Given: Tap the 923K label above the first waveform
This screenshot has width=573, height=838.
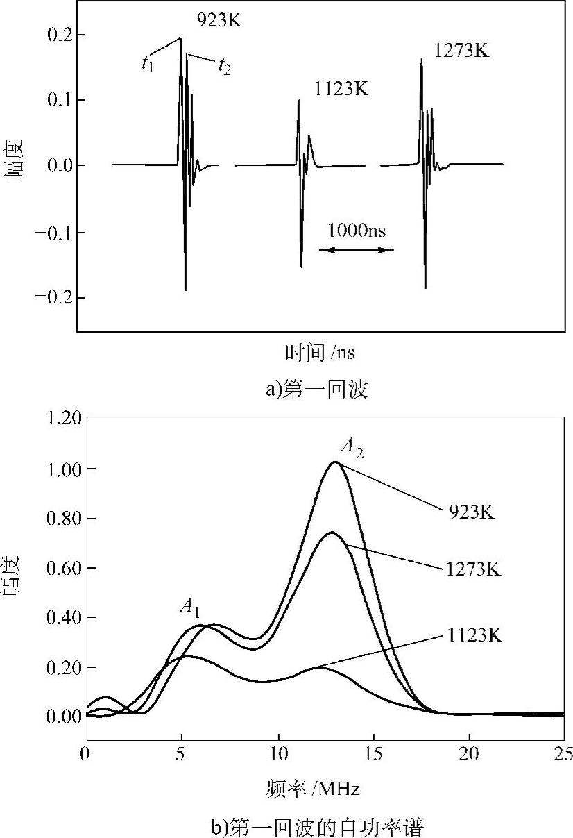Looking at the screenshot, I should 217,20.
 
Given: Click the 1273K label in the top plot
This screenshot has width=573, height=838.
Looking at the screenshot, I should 462,50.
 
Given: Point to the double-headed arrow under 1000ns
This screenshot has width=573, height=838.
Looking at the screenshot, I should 356,250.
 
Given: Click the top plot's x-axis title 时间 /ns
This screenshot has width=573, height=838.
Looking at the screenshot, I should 320,353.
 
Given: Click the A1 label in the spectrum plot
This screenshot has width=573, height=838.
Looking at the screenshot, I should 190,606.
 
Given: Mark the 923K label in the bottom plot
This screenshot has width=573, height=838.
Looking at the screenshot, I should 471,513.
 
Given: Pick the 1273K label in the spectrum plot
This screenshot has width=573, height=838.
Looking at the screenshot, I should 471,569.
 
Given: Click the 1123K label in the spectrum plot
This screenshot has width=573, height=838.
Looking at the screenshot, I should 471,634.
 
